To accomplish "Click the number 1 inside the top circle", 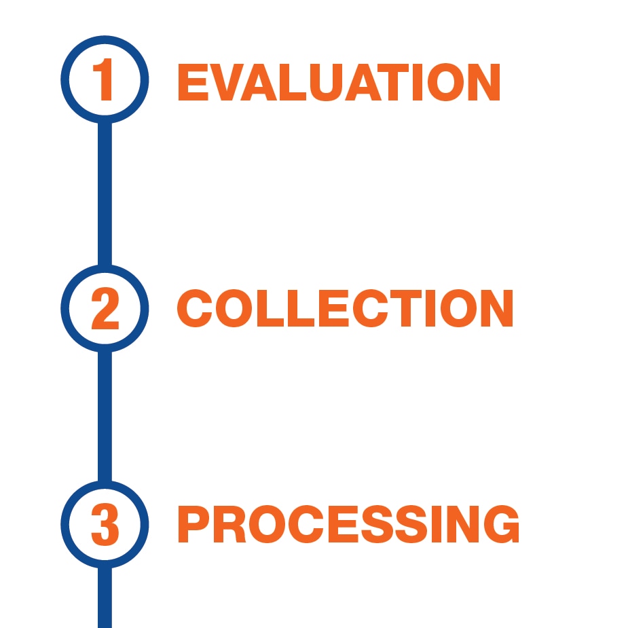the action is click(103, 79).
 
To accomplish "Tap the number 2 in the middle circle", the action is click(105, 308).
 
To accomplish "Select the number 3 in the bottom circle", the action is click(105, 524).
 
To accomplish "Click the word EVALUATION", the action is click(339, 82).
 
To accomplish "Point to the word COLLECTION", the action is click(345, 308).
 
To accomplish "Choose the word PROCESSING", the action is click(348, 524).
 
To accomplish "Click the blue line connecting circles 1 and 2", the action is click(105, 194).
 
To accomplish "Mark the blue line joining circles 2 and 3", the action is click(105, 417).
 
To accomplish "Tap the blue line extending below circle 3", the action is click(105, 597).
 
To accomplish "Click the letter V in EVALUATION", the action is click(227, 82).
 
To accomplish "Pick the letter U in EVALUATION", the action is click(326, 83).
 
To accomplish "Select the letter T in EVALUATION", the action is click(393, 82).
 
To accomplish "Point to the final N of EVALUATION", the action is click(484, 82).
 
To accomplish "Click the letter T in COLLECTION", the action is click(406, 308).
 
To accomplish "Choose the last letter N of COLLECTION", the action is click(497, 308).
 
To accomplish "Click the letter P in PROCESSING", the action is click(193, 524).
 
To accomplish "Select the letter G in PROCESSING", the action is click(502, 524).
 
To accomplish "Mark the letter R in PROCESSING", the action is click(230, 524).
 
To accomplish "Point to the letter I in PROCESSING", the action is click(437, 524).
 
